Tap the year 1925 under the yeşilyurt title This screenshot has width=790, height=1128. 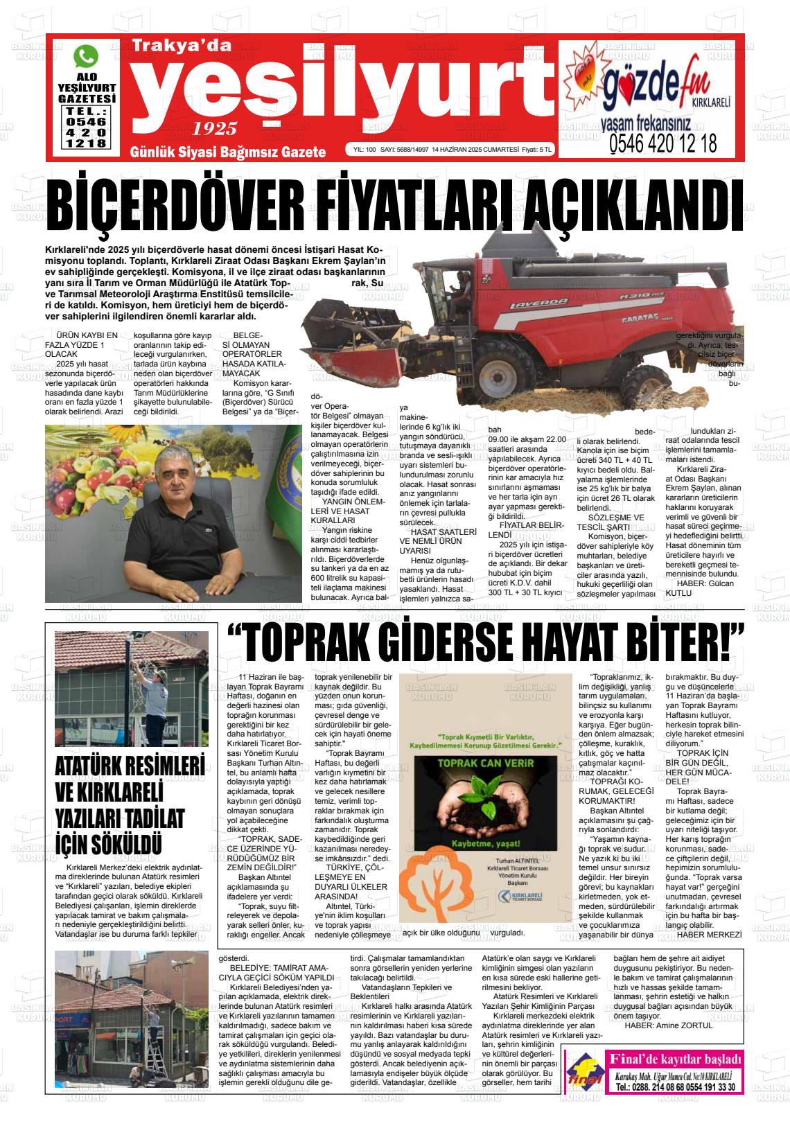click(x=215, y=128)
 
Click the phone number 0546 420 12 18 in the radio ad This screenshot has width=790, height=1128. click(x=662, y=144)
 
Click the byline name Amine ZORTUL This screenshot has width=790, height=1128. click(x=682, y=1025)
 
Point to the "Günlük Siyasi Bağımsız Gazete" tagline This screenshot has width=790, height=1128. click(x=228, y=152)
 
